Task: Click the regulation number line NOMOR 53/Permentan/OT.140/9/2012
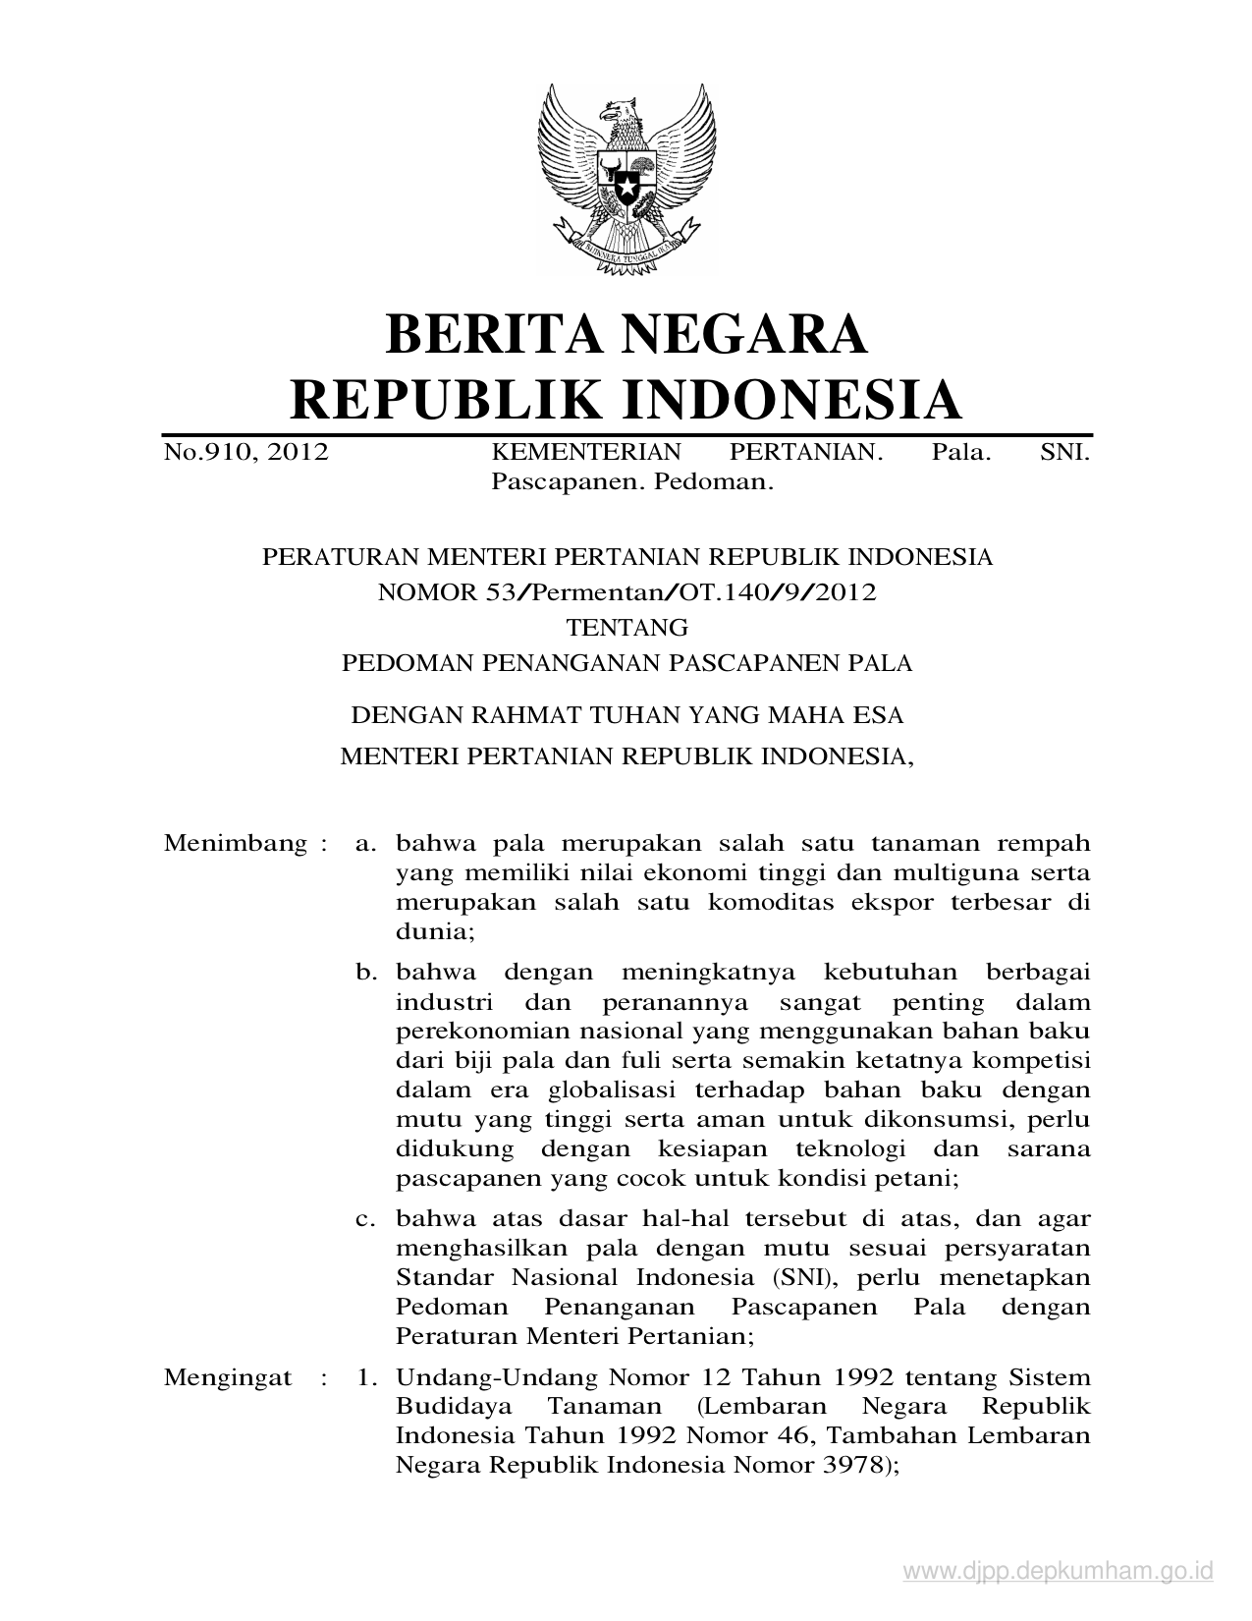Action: [626, 592]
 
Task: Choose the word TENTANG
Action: [626, 627]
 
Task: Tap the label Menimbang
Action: [236, 843]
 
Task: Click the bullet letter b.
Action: [366, 973]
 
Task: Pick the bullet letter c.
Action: [366, 1219]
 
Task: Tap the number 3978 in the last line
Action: [841, 1466]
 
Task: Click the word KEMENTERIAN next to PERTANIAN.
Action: [585, 453]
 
